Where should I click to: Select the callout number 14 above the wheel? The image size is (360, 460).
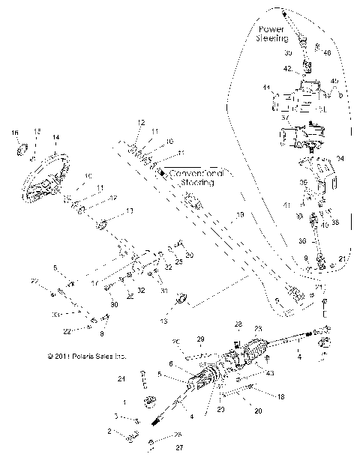click(55, 138)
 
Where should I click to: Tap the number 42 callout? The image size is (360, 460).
click(287, 68)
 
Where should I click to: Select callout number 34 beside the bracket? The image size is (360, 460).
click(340, 158)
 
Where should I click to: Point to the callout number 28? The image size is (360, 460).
click(238, 324)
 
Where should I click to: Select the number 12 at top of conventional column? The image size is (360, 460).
click(140, 121)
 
